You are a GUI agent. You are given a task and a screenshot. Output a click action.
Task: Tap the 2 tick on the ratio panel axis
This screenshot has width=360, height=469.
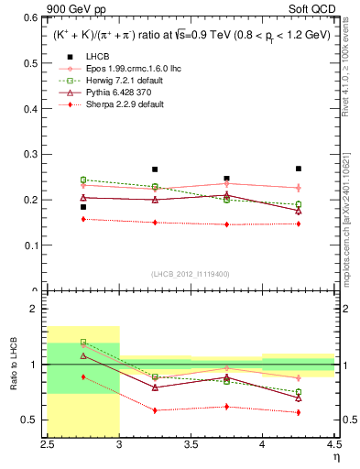tap(38, 310)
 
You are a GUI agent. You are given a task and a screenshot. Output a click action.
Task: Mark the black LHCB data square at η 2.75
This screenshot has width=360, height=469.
tap(83, 207)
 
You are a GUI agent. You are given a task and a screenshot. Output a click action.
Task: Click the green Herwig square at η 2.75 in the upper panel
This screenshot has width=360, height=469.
tap(83, 180)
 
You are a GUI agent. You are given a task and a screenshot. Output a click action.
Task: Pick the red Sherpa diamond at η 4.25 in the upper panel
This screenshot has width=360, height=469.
tap(298, 224)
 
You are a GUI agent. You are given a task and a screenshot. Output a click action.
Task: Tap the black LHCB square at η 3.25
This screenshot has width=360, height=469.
tap(155, 169)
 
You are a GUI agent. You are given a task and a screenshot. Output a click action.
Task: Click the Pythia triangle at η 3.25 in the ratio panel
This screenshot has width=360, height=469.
tap(155, 387)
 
